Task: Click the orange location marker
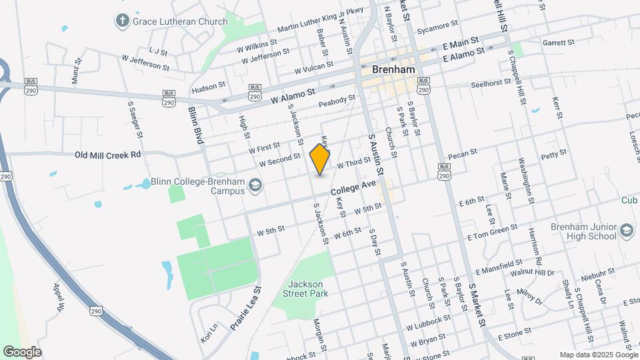[320, 159]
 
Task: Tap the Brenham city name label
[389, 69]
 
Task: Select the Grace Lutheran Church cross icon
[122, 21]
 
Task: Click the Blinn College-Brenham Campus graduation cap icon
[255, 185]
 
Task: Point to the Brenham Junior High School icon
[626, 231]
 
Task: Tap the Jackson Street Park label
[309, 288]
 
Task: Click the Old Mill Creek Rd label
[108, 155]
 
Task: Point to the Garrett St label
[558, 43]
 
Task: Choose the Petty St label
[553, 154]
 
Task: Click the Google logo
[22, 351]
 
